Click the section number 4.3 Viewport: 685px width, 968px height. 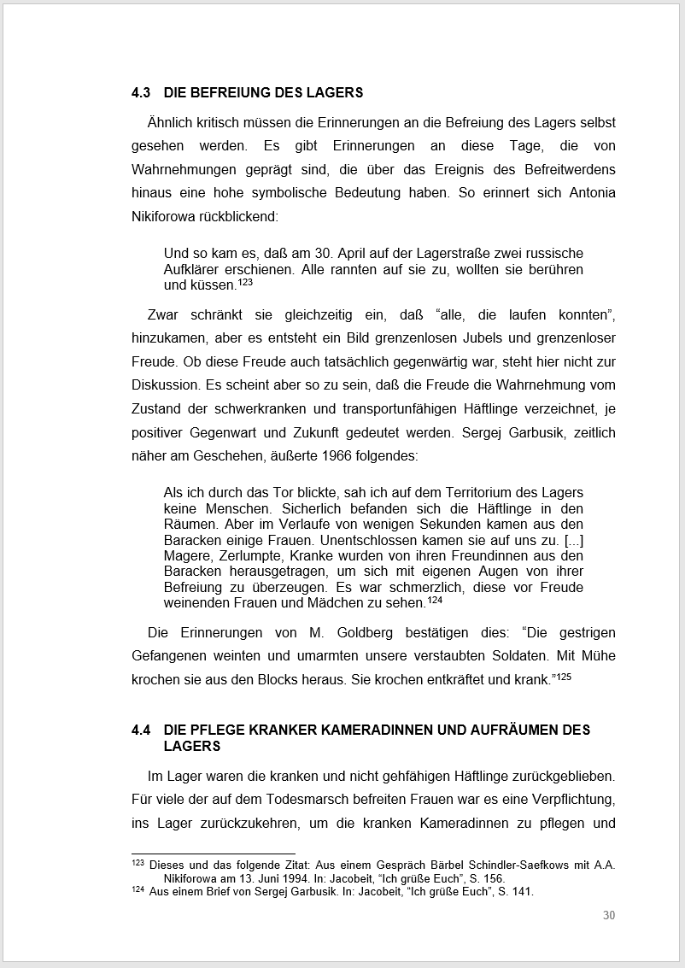coord(141,92)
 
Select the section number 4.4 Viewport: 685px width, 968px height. coord(141,730)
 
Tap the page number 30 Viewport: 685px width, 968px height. coord(608,915)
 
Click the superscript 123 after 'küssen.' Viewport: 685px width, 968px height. coord(245,282)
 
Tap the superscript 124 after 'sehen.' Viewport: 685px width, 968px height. coord(435,600)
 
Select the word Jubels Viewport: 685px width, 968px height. coord(401,337)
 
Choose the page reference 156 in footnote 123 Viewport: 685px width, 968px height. coord(495,878)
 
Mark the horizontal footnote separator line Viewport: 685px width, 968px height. coord(213,853)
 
